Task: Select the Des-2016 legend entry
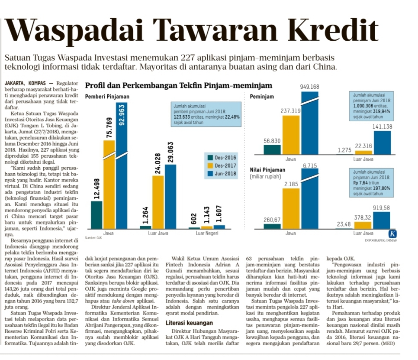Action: pyautogui.click(x=223, y=158)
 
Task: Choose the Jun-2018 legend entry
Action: pyautogui.click(x=223, y=173)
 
